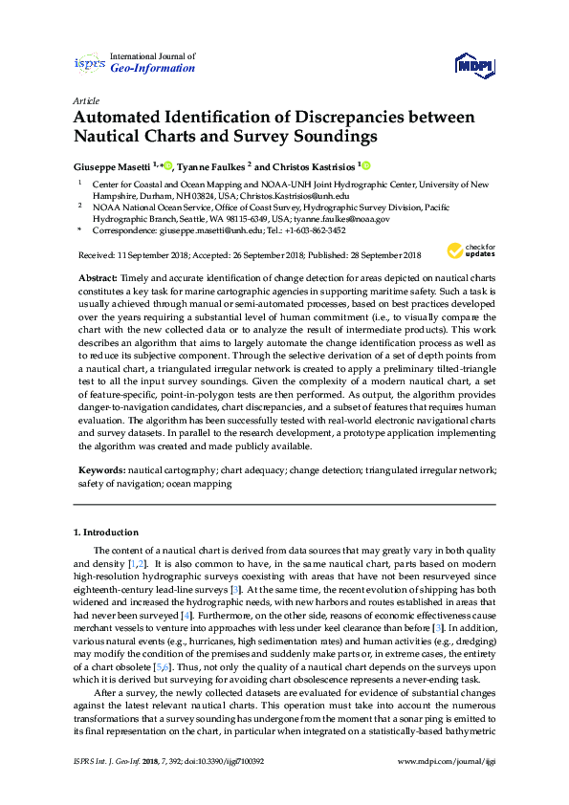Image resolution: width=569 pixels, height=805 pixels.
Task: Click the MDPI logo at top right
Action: (474, 64)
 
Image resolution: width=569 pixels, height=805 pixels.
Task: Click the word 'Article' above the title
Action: (85, 100)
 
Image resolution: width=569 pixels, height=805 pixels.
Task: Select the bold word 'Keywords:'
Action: (101, 471)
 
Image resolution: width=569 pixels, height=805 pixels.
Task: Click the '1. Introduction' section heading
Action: (106, 532)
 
